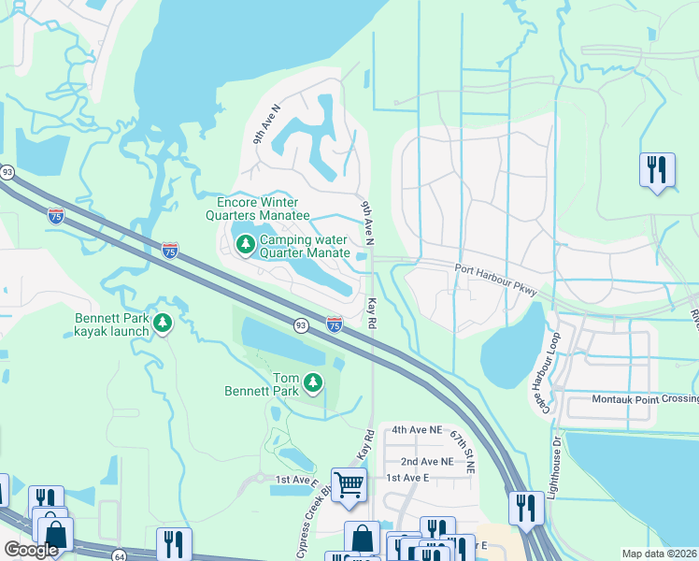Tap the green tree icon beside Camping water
245,245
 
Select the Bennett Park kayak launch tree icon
163,324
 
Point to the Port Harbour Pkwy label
495,283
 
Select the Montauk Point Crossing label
645,399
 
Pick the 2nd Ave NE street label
426,461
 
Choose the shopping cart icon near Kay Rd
349,484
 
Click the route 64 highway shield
120,555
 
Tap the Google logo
31,550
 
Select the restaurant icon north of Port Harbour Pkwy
657,169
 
